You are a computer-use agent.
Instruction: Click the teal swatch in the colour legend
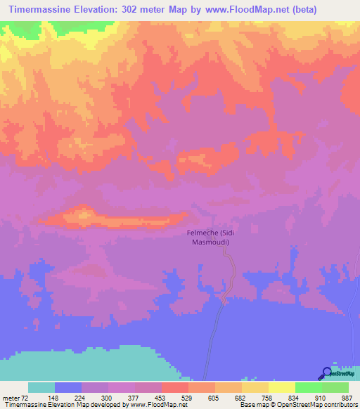click(41, 387)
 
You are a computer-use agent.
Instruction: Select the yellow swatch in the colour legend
click(281, 387)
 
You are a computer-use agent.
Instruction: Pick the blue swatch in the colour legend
click(68, 387)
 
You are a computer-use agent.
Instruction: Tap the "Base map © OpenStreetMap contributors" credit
click(296, 405)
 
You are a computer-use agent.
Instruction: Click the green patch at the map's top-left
click(56, 29)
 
